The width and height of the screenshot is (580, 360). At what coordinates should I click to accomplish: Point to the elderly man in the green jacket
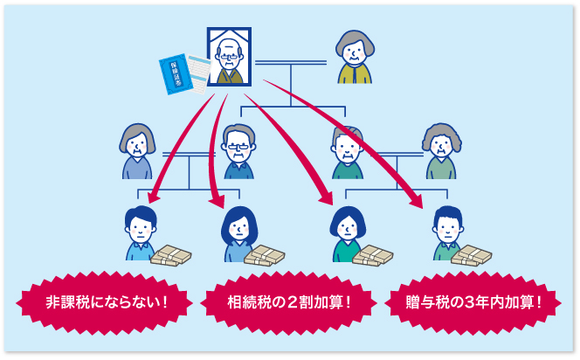(x=347, y=153)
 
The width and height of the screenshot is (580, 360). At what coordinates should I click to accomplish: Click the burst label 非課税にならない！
(x=106, y=303)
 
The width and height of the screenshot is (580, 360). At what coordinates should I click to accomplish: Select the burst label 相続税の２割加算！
(x=289, y=303)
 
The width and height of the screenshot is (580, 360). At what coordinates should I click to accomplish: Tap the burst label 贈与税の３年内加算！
(x=474, y=303)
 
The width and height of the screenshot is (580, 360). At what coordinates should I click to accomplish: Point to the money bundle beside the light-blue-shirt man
(x=171, y=254)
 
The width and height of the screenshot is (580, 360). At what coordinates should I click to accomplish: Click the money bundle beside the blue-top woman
(x=266, y=254)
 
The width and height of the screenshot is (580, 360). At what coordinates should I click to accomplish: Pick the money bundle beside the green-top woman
(x=373, y=254)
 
